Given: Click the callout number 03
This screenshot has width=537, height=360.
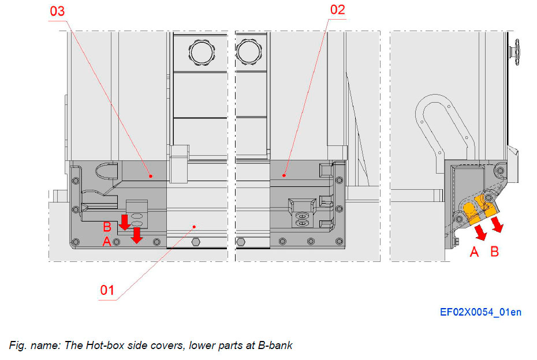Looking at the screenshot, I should coord(58,12).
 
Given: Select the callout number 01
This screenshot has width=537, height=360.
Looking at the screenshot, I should coord(108,290).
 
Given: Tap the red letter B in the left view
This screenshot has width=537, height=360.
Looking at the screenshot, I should coord(107,226).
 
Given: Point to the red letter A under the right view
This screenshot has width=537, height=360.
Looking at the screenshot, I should coord(475,252).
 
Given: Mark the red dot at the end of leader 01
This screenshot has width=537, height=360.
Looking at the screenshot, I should coord(194,226).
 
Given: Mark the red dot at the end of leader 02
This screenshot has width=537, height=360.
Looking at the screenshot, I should coord(284,174).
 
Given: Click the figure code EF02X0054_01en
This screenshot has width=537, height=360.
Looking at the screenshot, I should coord(480,312).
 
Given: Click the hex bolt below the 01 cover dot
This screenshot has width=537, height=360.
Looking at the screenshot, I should coord(196,241).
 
